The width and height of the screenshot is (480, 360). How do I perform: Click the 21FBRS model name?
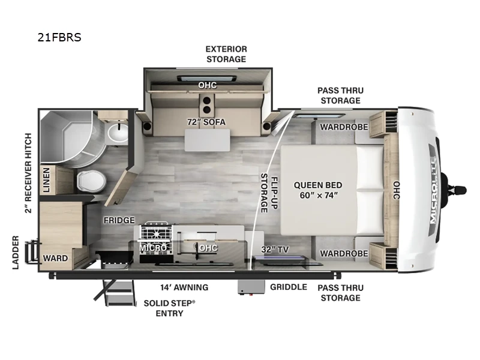pyautogui.click(x=59, y=38)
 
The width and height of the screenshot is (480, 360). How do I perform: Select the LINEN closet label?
pyautogui.click(x=47, y=180)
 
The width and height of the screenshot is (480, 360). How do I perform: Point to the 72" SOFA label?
pyautogui.click(x=206, y=122)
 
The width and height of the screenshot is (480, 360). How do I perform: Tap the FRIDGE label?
pyautogui.click(x=118, y=220)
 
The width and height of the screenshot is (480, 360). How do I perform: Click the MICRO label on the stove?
pyautogui.click(x=153, y=247)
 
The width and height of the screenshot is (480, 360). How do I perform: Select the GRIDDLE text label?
pyautogui.click(x=288, y=287)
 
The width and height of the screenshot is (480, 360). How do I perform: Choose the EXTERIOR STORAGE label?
pyautogui.click(x=226, y=54)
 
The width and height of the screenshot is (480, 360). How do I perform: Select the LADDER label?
pyautogui.click(x=16, y=253)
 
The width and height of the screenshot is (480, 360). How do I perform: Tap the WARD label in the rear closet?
pyautogui.click(x=55, y=258)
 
